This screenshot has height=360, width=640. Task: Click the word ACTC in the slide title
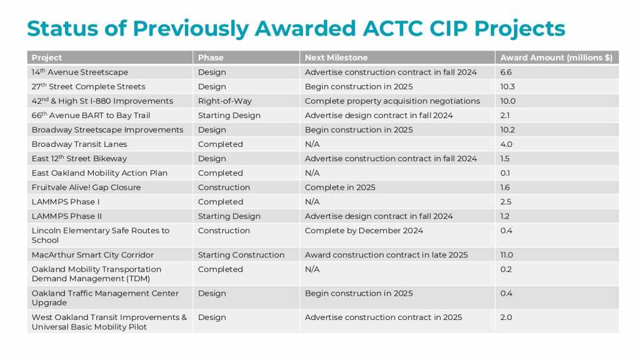tap(392, 29)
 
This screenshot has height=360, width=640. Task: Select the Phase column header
tap(211, 57)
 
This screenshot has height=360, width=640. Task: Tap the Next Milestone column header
tap(336, 57)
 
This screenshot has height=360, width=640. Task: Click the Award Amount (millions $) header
tap(556, 57)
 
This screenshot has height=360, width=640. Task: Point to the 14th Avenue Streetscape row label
tap(80, 72)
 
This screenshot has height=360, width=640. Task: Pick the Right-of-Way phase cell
tap(225, 101)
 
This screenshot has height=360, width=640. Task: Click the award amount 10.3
tap(507, 86)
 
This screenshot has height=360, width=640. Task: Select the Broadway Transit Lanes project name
tap(79, 144)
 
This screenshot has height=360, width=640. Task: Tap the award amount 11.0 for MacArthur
tap(506, 255)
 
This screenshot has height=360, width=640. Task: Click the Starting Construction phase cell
tap(241, 255)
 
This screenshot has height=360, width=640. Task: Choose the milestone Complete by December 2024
tap(364, 231)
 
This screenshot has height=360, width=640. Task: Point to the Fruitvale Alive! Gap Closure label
tap(86, 187)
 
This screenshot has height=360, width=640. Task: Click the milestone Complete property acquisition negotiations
tap(392, 101)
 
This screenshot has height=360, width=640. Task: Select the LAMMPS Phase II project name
tap(66, 216)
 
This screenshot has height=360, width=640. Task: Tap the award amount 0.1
tap(505, 173)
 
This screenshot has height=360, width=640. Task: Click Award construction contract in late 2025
tap(386, 255)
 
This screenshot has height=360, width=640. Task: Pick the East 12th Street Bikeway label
tap(79, 158)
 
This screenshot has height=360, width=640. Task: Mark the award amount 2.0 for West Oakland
tap(506, 317)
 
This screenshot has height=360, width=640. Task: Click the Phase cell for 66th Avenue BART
tap(229, 116)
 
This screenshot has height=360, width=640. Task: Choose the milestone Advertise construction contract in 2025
tap(383, 317)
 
